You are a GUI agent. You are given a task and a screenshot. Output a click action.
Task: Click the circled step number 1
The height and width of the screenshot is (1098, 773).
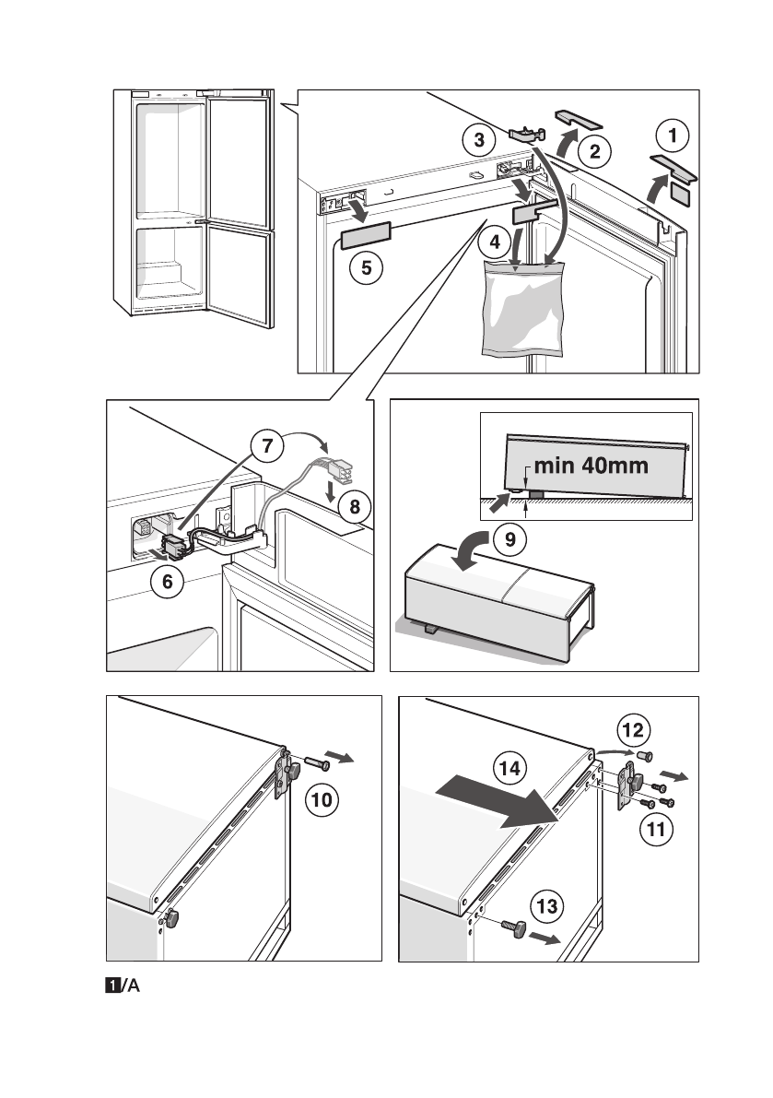click(672, 137)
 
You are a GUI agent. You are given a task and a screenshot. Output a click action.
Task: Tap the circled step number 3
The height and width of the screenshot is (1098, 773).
click(478, 141)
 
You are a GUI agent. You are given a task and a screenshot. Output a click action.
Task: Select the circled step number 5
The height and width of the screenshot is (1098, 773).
click(366, 269)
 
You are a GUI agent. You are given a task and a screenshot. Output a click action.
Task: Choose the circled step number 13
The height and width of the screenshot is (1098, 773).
click(546, 907)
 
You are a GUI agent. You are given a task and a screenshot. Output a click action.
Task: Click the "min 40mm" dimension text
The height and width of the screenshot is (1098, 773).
click(591, 466)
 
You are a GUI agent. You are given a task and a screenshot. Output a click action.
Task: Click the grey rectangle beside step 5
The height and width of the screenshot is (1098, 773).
click(367, 237)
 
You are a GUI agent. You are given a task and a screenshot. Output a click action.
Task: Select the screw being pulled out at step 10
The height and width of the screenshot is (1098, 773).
click(316, 763)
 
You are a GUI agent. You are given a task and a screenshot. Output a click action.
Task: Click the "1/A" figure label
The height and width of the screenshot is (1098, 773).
click(123, 987)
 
